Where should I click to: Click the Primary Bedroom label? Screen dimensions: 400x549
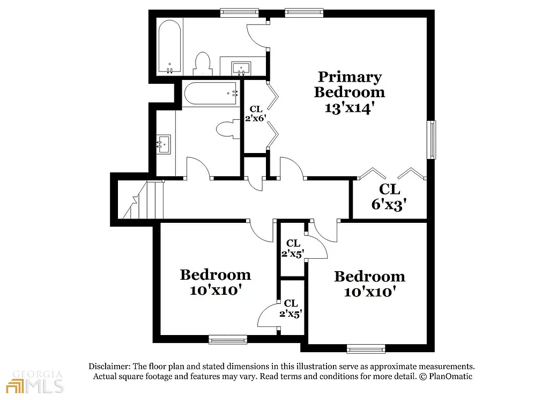pyautogui.click(x=349, y=84)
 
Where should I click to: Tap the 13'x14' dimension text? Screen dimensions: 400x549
pyautogui.click(x=349, y=107)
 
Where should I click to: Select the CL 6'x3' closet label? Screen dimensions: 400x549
pyautogui.click(x=390, y=197)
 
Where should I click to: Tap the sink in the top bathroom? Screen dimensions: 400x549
pyautogui.click(x=241, y=68)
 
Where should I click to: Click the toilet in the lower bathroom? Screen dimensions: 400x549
pyautogui.click(x=227, y=129)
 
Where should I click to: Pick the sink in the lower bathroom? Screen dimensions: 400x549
pyautogui.click(x=164, y=144)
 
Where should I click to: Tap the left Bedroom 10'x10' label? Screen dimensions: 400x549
pyautogui.click(x=215, y=282)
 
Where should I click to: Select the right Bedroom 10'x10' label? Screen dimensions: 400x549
pyautogui.click(x=369, y=284)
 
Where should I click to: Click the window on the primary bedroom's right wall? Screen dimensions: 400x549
pyautogui.click(x=431, y=140)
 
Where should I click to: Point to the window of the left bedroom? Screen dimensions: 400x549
pyautogui.click(x=228, y=339)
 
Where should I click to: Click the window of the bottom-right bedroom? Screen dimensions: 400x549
pyautogui.click(x=366, y=350)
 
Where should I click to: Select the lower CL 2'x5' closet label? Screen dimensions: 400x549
pyautogui.click(x=291, y=309)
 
